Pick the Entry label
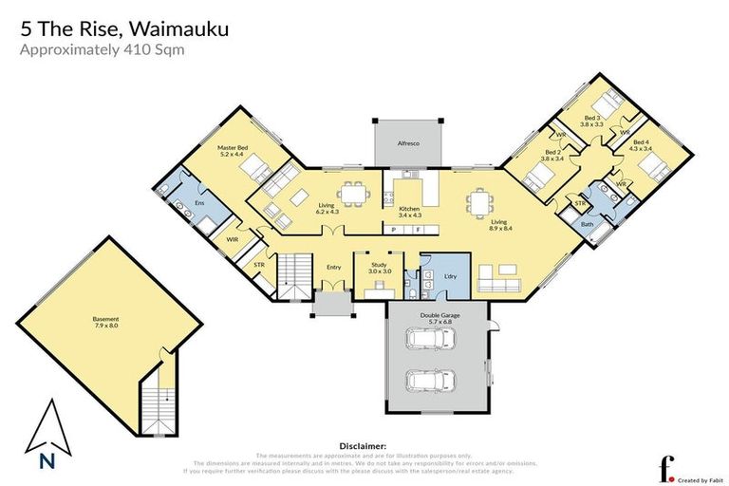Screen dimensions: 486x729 tap(333, 268)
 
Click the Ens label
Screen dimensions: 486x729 tap(199, 203)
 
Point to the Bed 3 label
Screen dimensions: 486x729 tap(592, 120)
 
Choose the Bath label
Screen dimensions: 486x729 tap(587, 224)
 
